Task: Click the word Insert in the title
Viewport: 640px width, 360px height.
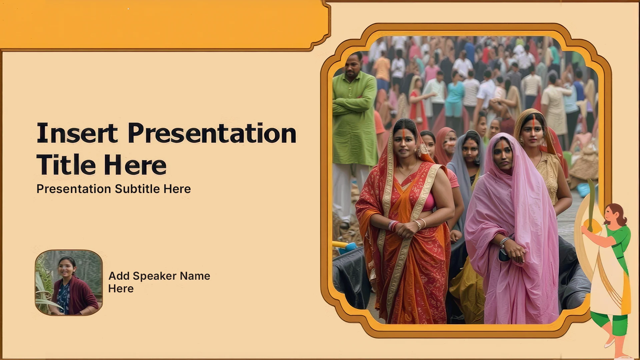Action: pyautogui.click(x=77, y=133)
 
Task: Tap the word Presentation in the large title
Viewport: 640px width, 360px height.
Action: pyautogui.click(x=212, y=133)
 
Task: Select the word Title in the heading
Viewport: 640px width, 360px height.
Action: pyautogui.click(x=66, y=165)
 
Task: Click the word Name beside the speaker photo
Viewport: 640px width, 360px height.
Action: pyautogui.click(x=195, y=276)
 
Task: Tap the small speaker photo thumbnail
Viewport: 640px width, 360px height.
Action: pyautogui.click(x=69, y=283)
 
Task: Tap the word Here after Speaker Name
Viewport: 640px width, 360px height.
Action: pyautogui.click(x=121, y=289)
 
